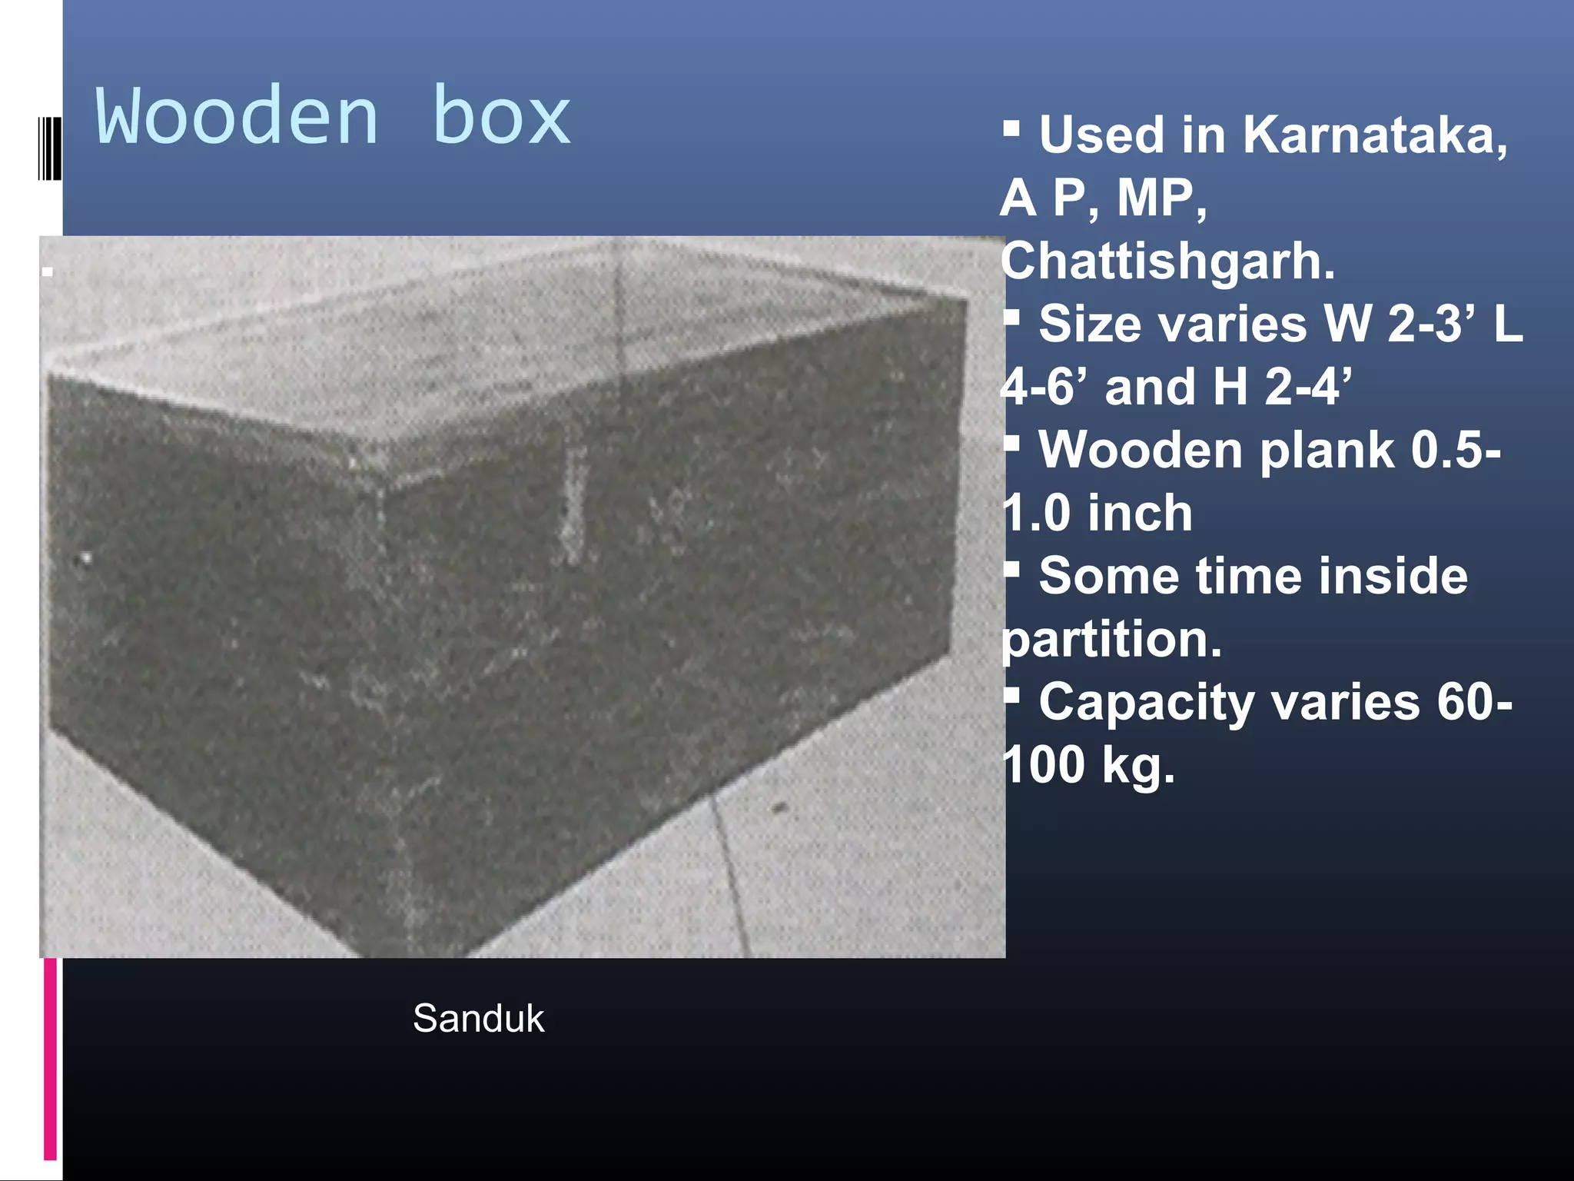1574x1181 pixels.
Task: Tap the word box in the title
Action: point(502,117)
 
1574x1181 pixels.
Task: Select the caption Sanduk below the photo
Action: point(478,1019)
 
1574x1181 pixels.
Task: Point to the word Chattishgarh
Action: point(1167,262)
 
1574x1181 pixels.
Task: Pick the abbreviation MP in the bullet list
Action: point(1161,198)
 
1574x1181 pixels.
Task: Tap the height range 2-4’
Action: point(1307,387)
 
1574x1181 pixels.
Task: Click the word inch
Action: point(1141,514)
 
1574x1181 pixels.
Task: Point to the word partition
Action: point(1111,640)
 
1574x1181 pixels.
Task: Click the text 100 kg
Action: point(1088,766)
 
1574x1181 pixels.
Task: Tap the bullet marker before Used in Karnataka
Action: point(1011,127)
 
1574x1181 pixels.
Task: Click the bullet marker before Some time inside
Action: point(1011,568)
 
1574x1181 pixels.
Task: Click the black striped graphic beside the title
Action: point(49,148)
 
